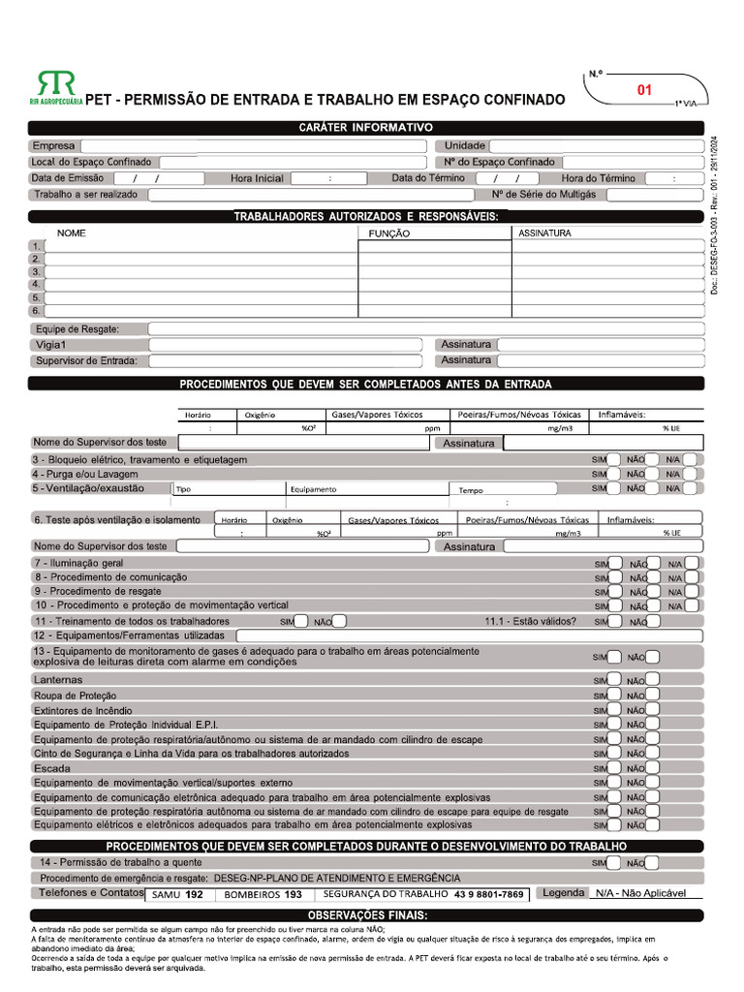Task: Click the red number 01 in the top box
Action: tap(644, 90)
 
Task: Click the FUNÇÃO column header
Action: tap(389, 233)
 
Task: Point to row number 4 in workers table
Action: tap(36, 285)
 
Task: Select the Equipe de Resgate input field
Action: tap(426, 329)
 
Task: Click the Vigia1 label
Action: tap(51, 345)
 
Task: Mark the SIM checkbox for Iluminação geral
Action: tap(615, 563)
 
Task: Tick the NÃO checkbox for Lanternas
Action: tap(653, 680)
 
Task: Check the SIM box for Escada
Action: tap(615, 767)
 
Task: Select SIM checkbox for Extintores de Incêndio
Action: tap(615, 709)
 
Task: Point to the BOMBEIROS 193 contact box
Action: tap(263, 895)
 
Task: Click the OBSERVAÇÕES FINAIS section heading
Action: tap(366, 915)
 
